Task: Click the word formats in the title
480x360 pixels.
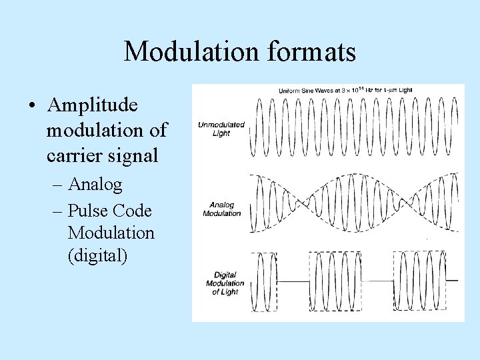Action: tap(315, 52)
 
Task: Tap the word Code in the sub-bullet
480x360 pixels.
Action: tap(132, 211)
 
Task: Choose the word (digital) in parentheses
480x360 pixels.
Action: tap(97, 255)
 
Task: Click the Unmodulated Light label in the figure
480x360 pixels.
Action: tap(221, 129)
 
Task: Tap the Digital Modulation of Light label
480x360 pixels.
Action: tap(225, 283)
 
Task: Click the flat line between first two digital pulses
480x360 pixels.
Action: tap(293, 281)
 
